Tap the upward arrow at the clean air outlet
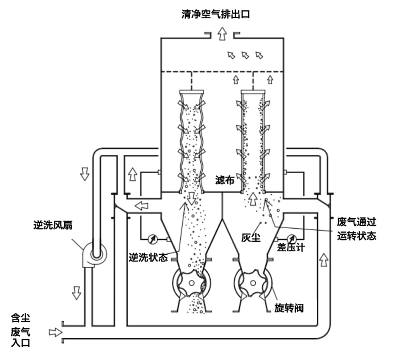click(223, 34)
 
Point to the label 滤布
click(225, 181)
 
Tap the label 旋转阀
click(288, 308)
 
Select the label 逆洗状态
click(148, 258)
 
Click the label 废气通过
click(356, 222)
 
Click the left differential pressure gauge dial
click(153, 238)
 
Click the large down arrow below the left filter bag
click(192, 198)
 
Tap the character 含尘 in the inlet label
click(21, 318)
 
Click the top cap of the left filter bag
click(192, 92)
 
